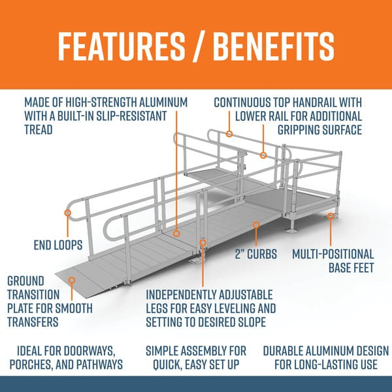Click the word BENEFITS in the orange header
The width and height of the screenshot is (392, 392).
click(270, 45)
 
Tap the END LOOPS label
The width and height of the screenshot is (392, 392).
click(57, 246)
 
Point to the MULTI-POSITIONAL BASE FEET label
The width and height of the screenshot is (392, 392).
click(333, 261)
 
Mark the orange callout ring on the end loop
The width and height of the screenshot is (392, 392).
click(67, 212)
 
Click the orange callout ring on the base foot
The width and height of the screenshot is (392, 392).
click(332, 215)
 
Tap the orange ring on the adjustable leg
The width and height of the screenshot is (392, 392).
click(203, 243)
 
